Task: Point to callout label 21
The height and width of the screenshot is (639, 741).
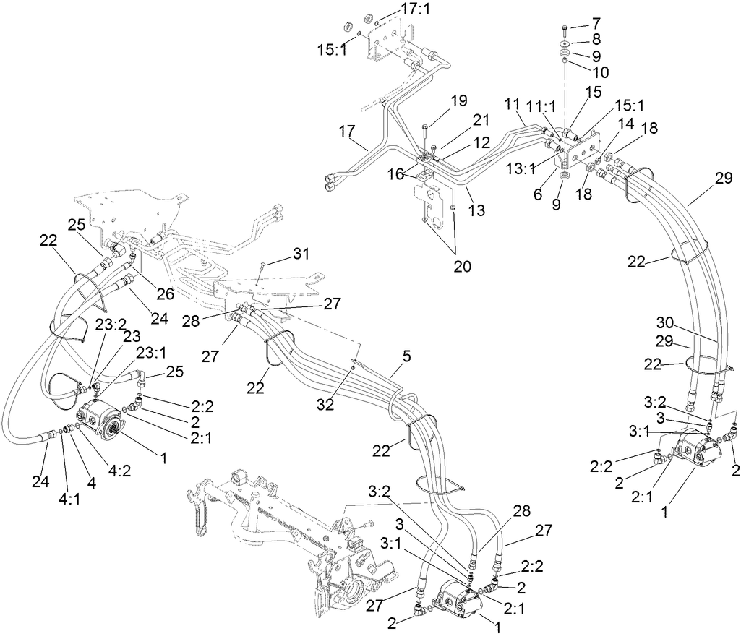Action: click(x=461, y=119)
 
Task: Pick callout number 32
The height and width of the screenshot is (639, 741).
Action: click(x=326, y=404)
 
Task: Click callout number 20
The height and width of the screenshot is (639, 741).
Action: click(x=463, y=266)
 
